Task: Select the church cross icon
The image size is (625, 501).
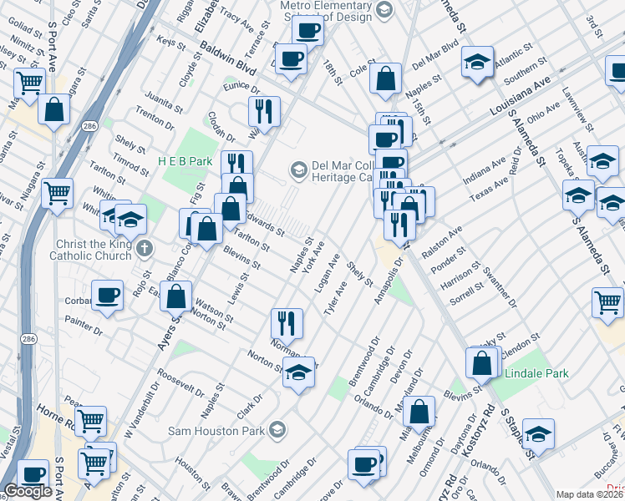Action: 145,248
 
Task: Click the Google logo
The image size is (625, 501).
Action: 28,490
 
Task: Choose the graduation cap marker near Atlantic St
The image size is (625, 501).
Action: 477,63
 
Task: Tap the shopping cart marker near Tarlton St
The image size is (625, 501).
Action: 58,193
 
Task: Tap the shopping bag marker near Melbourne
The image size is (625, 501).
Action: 421,411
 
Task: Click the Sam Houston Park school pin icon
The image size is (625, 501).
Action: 277,431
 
